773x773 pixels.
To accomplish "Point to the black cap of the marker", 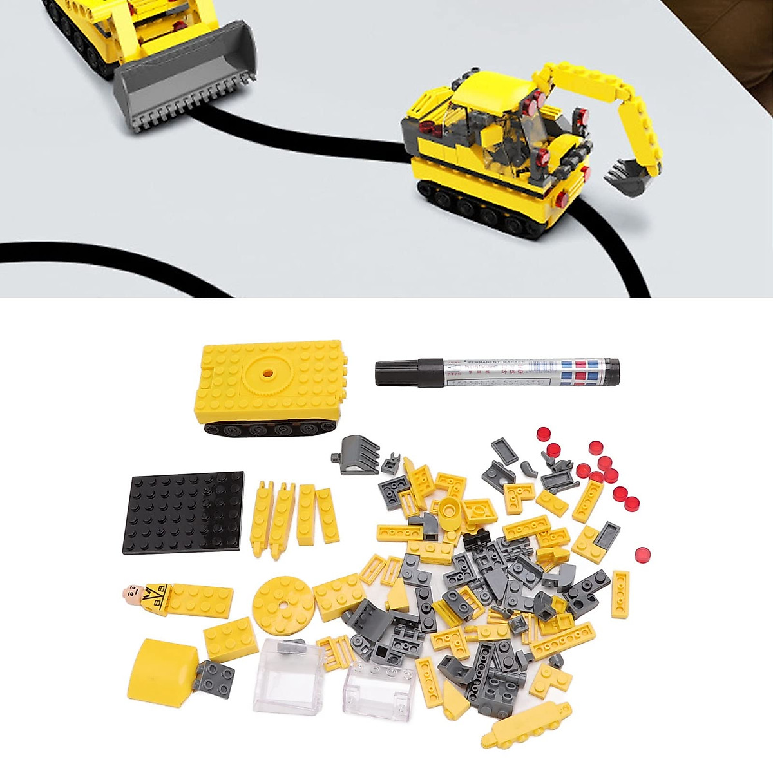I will point(399,373).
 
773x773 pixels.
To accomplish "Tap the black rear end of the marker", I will point(611,368).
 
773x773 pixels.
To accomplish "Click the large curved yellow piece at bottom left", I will point(164,670).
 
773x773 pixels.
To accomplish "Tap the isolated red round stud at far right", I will point(642,554).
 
